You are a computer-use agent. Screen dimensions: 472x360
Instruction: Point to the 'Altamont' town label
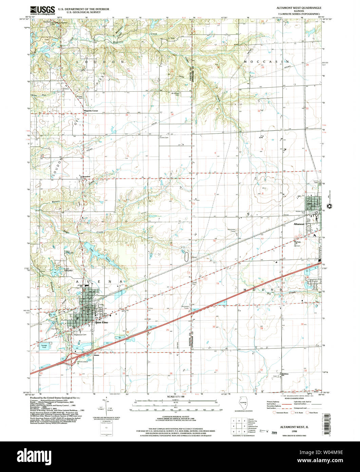[300, 224]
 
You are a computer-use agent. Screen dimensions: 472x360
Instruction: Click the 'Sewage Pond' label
[44, 346]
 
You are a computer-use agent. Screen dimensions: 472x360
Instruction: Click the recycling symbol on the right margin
[329, 206]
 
